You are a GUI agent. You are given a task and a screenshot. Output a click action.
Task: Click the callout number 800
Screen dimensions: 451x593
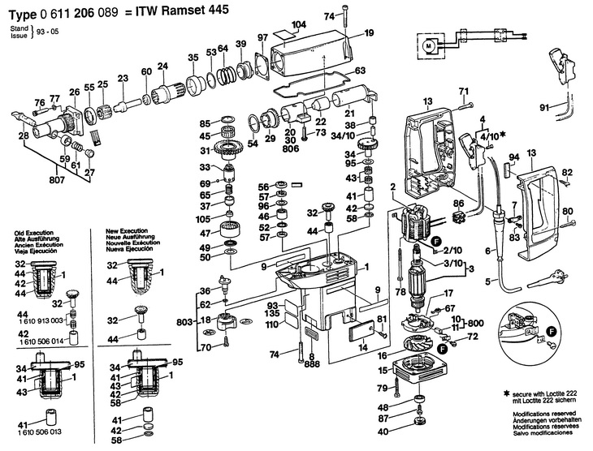point(479,323)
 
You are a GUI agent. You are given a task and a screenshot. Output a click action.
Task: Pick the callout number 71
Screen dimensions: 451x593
point(465,90)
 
